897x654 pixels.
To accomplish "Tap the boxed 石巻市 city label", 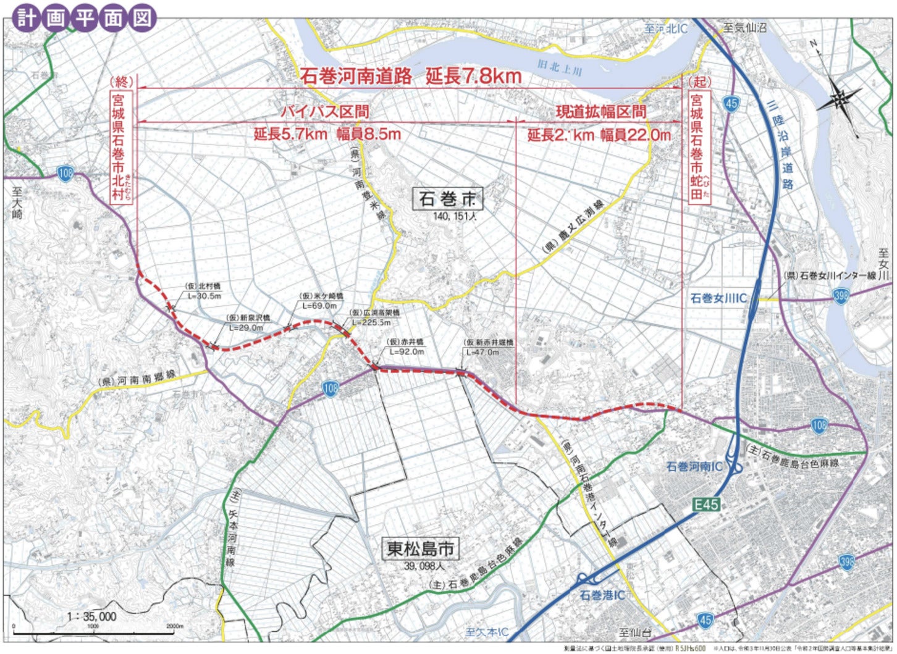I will [447, 199].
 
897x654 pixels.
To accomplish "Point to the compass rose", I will [838, 99].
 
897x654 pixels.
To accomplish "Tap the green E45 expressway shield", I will [705, 505].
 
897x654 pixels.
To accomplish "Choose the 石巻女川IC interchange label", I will [718, 298].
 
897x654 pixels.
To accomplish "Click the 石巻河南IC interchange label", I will [694, 467].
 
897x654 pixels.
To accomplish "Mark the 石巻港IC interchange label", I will [602, 595].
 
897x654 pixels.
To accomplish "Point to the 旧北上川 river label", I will [560, 67].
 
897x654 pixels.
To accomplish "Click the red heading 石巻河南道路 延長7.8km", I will [411, 76].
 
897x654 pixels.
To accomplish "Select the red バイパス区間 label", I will [325, 112].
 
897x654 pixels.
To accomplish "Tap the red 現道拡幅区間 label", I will [600, 112].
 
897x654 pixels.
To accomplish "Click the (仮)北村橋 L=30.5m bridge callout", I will [203, 291].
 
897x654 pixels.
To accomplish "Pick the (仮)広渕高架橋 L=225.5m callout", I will [374, 317].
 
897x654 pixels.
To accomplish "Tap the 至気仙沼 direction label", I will [744, 28].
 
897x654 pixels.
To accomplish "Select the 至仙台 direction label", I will [636, 632].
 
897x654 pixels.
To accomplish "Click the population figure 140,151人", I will [455, 216].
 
